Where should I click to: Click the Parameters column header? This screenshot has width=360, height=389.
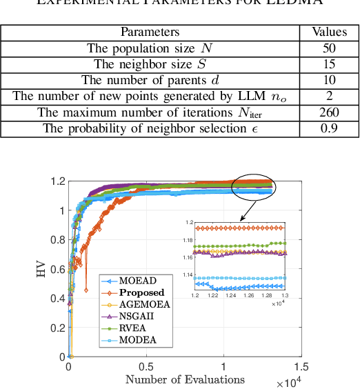[x=150, y=32]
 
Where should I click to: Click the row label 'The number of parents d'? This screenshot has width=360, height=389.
[x=150, y=80]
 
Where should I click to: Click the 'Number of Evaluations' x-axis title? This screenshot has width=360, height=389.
[x=185, y=379]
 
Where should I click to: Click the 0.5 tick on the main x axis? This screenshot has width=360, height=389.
[x=146, y=367]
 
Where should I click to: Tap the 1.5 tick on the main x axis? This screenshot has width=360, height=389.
[x=301, y=367]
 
